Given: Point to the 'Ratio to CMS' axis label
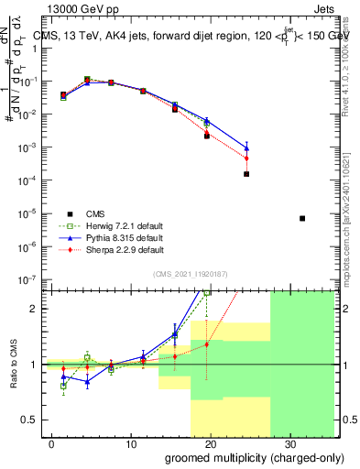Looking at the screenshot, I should (x=15, y=364).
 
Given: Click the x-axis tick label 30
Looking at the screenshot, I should (x=289, y=444).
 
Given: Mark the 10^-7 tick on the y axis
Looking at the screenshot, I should (x=31, y=278).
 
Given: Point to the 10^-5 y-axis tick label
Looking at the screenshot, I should (x=31, y=213).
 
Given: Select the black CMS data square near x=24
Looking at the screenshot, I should (x=246, y=173).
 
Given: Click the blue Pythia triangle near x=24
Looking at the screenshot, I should (x=246, y=147).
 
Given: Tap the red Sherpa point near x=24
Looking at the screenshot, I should (x=246, y=158).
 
